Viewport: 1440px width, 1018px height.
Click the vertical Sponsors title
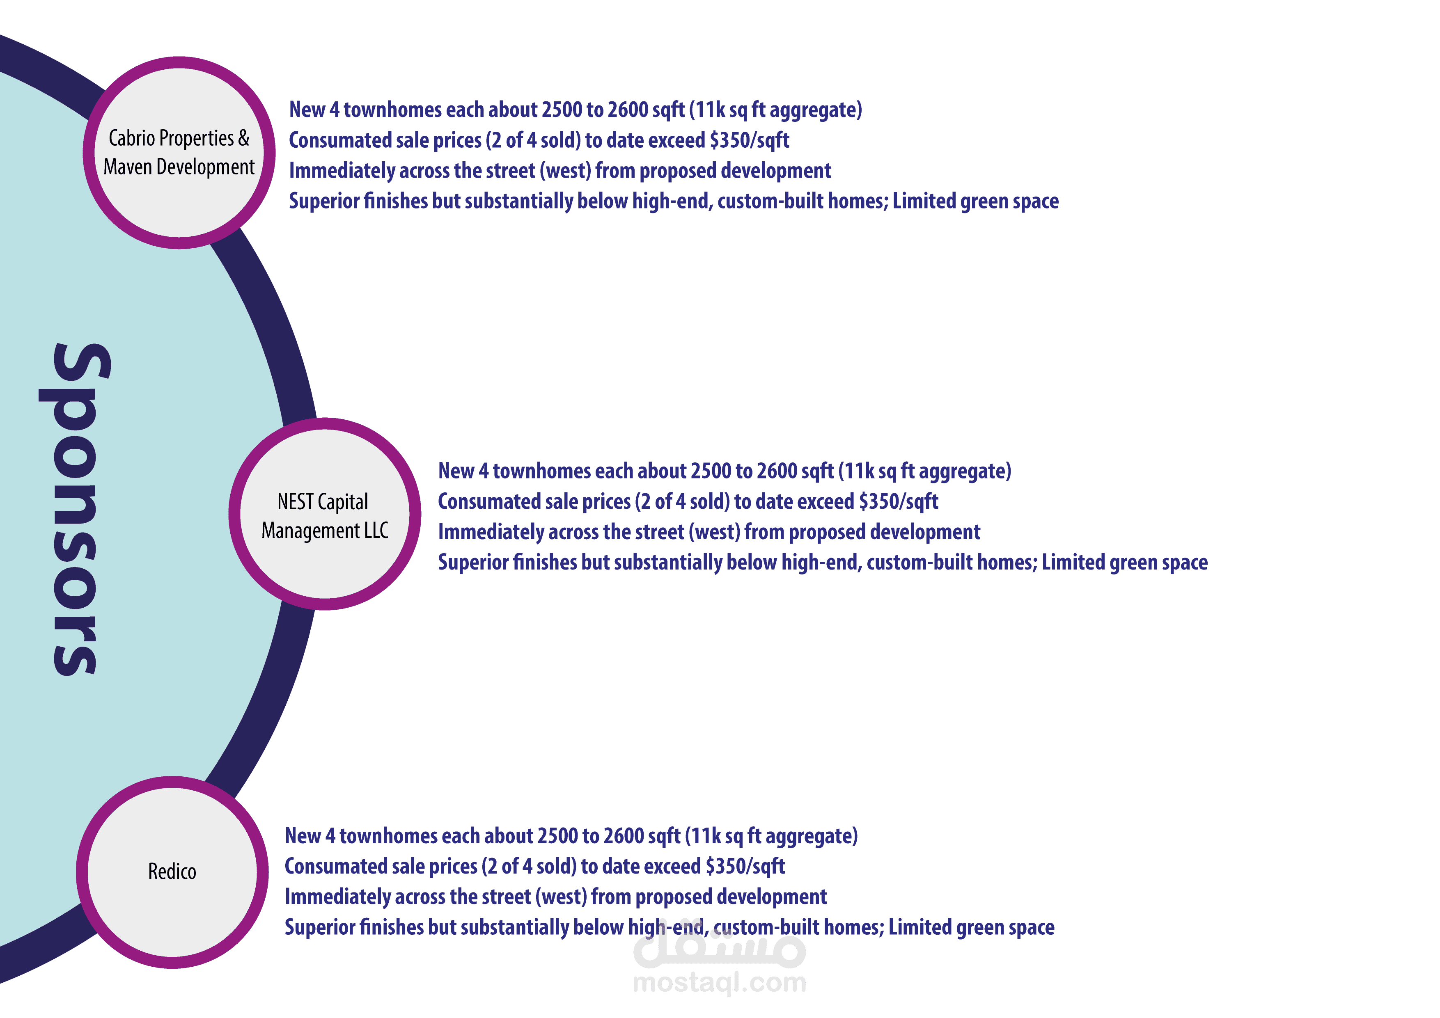pyautogui.click(x=75, y=509)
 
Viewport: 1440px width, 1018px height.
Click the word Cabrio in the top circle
pyautogui.click(x=131, y=138)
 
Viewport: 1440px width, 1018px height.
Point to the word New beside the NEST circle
pyautogui.click(x=455, y=471)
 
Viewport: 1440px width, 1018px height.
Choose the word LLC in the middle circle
pyautogui.click(x=376, y=531)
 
